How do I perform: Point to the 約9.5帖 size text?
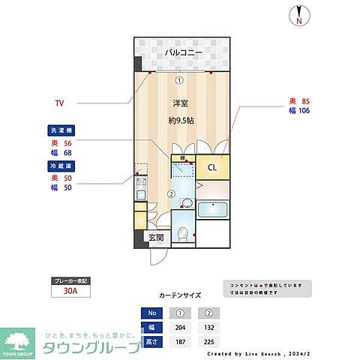pos(180,120)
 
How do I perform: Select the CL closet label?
pos(212,167)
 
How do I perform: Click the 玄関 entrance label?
pos(156,238)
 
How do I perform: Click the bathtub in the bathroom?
pos(213,211)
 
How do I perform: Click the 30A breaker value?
pos(70,293)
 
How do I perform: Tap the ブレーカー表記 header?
pos(70,280)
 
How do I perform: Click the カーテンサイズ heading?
pos(180,295)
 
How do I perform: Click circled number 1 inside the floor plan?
pos(178,79)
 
